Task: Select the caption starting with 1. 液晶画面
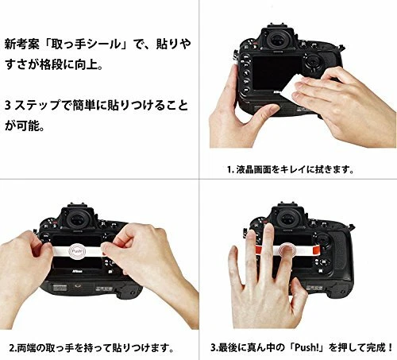pyautogui.click(x=290, y=169)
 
